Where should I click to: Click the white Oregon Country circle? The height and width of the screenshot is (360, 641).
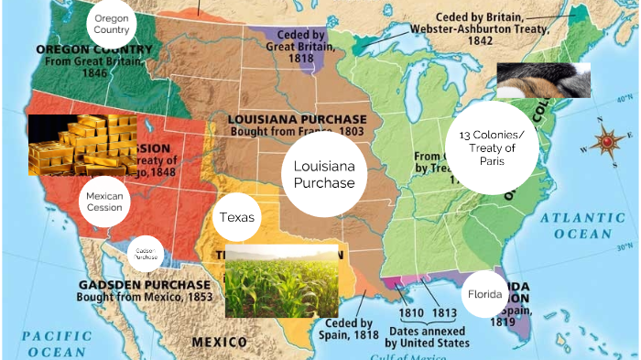(112, 23)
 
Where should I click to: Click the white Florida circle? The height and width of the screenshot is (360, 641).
(484, 295)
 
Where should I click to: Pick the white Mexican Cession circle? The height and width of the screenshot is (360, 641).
(103, 202)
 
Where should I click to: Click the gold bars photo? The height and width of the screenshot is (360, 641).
(83, 145)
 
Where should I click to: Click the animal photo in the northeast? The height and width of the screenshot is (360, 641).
(543, 80)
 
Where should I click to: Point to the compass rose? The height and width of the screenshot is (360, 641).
(608, 142)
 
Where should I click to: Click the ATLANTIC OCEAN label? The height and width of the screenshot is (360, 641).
(575, 225)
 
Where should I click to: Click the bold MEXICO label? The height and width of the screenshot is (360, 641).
(219, 342)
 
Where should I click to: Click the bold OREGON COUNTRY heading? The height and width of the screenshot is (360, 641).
(94, 48)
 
